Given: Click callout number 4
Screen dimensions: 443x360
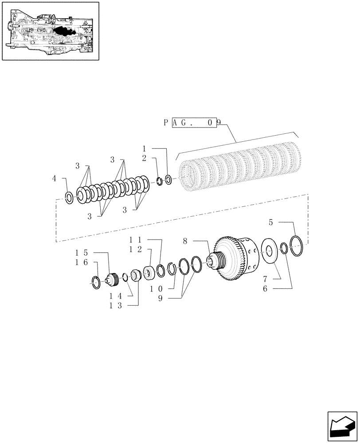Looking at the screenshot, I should [x=55, y=179].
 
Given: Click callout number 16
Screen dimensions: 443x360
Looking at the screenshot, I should [x=81, y=262].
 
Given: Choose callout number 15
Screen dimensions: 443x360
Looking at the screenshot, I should [x=81, y=253].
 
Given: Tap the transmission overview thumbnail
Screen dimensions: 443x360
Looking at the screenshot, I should [x=50, y=31].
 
